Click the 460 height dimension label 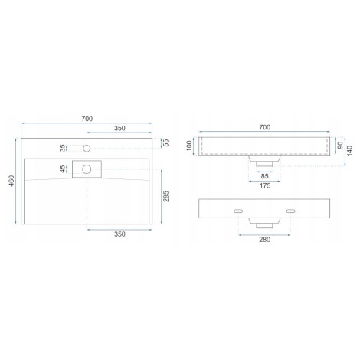[x=11, y=181]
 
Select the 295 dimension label [x=166, y=196]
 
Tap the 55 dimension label [x=166, y=142]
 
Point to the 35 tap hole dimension [x=62, y=148]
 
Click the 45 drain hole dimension [x=62, y=169]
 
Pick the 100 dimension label [x=189, y=146]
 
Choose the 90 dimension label [x=340, y=146]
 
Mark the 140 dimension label [x=349, y=150]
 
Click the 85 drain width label [x=265, y=176]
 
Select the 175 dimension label [x=265, y=185]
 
